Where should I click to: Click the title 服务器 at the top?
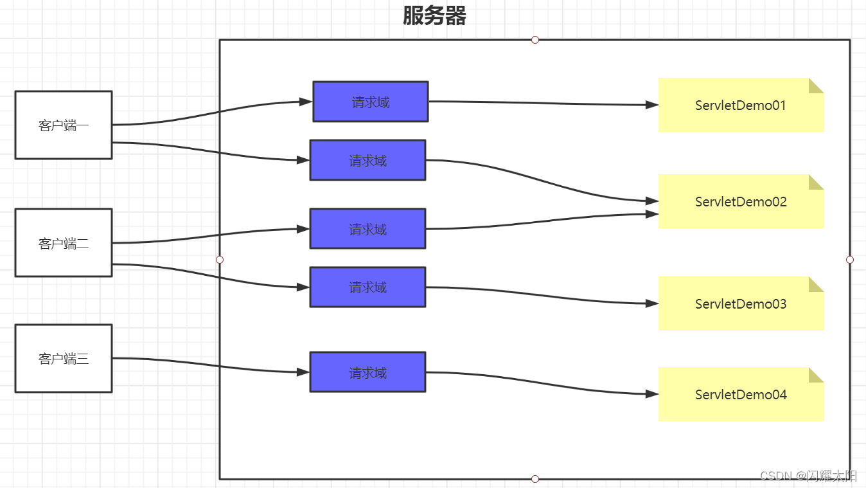(434, 16)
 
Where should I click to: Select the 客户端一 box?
(64, 125)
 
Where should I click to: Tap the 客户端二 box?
(64, 242)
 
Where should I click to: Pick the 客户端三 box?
(64, 358)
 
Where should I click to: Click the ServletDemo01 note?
(741, 105)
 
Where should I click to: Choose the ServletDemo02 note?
(741, 202)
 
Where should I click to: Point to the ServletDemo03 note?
(741, 304)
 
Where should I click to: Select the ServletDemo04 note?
(741, 395)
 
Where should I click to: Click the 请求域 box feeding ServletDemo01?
(371, 102)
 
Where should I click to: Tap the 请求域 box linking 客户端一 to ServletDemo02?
(367, 160)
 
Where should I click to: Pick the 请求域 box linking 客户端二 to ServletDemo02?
(367, 229)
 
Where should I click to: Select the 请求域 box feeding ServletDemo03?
(367, 287)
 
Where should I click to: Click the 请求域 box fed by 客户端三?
(367, 372)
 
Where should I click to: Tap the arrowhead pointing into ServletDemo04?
(652, 394)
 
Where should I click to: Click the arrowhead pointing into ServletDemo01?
(652, 105)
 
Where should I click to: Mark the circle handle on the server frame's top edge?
(535, 40)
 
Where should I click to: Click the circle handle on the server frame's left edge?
(220, 260)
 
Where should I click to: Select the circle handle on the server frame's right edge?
(850, 260)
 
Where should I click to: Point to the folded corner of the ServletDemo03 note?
(817, 284)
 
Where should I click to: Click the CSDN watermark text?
(809, 476)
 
